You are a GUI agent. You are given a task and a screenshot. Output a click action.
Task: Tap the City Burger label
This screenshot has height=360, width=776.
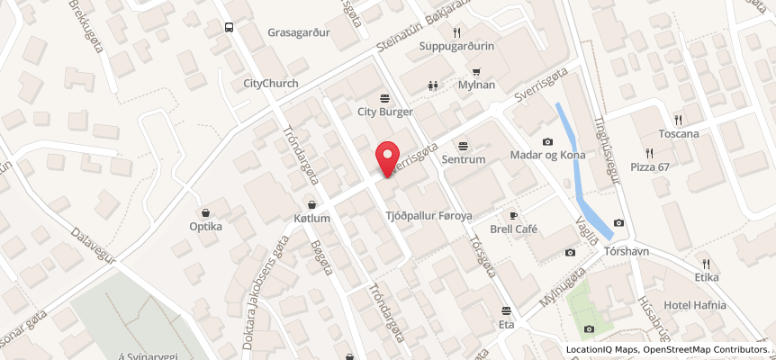pos(384,112)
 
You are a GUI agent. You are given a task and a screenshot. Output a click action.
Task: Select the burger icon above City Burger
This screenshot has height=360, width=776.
pos(384,97)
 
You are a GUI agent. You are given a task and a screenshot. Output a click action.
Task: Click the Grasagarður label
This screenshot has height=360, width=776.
pos(300,32)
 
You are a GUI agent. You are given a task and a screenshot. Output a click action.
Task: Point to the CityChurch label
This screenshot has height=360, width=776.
pos(271,84)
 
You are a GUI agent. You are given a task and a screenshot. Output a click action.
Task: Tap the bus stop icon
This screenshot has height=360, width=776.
pos(229,27)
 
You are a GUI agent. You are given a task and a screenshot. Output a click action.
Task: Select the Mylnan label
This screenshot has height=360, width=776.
pos(476,85)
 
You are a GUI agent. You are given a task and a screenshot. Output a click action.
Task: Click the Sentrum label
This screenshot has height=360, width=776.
pos(464,160)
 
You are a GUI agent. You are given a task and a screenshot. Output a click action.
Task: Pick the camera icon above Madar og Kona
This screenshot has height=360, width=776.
pos(547,141)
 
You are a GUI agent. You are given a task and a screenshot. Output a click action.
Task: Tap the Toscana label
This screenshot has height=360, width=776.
pos(678,134)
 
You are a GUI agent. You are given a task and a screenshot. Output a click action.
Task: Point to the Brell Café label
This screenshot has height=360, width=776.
pos(514,229)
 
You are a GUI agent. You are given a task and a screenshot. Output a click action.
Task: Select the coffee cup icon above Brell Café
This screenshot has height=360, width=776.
pos(514,215)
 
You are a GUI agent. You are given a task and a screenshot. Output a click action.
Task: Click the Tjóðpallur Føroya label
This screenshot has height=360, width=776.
pos(429,216)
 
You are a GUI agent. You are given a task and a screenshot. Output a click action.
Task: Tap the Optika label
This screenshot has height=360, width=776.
pos(205,227)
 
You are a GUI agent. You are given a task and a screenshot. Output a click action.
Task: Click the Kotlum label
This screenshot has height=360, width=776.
pos(312,219)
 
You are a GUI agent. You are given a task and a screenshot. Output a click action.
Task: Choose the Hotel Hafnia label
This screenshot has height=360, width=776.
pos(695,305)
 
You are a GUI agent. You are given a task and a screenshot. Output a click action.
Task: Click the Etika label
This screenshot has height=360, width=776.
pos(707,265)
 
